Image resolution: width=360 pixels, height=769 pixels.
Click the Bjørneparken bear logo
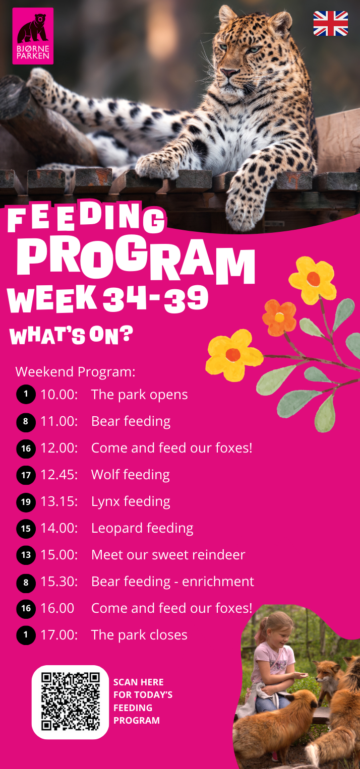tap(33, 36)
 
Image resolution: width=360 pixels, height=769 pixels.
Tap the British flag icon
tap(330, 23)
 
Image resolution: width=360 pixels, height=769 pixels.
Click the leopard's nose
tap(228, 73)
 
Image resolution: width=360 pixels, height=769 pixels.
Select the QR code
tap(71, 702)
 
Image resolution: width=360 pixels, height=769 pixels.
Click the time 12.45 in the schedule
tap(59, 475)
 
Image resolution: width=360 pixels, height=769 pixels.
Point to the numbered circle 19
tap(26, 502)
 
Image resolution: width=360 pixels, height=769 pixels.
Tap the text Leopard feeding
tap(142, 529)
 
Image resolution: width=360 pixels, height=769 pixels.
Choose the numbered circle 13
tap(26, 555)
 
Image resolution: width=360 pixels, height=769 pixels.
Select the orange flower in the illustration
tap(279, 317)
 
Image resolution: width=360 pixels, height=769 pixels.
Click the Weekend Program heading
tap(76, 372)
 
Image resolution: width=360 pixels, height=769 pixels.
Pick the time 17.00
tap(59, 635)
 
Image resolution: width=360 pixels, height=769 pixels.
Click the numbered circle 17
tap(26, 475)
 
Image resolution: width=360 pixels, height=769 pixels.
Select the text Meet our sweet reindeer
tap(168, 555)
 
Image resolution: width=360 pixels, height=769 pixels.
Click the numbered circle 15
tap(26, 528)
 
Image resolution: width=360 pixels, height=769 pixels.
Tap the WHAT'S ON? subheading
tap(71, 336)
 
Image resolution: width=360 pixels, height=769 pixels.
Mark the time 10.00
tap(59, 395)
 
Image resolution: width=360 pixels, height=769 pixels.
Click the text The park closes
tap(140, 635)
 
